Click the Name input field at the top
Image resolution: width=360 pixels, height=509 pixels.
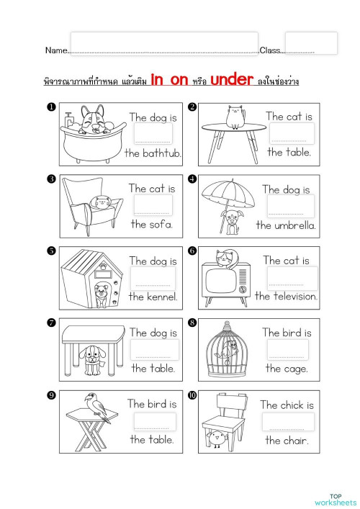pos(164,43)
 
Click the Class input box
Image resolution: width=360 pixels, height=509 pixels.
pos(311,43)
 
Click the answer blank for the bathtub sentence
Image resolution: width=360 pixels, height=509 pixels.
pos(153,135)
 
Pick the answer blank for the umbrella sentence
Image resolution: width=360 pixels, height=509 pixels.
pos(286,207)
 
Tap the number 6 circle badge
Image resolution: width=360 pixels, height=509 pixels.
pos(192,251)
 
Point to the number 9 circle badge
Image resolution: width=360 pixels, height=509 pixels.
pos(51,395)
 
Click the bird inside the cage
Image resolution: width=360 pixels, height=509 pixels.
pos(228,351)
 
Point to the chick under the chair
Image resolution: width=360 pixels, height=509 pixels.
pos(216,438)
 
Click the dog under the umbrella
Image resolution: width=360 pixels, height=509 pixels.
pos(231,222)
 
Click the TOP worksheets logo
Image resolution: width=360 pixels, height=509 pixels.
pos(335,500)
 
